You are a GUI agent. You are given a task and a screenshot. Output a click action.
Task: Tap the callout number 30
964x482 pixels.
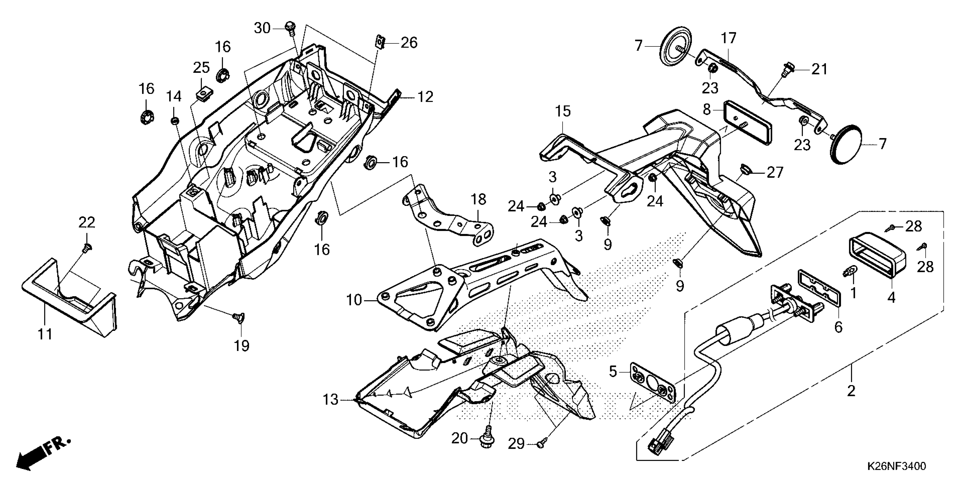pos(262,28)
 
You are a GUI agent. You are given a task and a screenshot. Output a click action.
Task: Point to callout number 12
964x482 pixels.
pos(425,97)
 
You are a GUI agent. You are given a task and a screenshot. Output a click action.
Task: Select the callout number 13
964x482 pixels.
pos(330,400)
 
